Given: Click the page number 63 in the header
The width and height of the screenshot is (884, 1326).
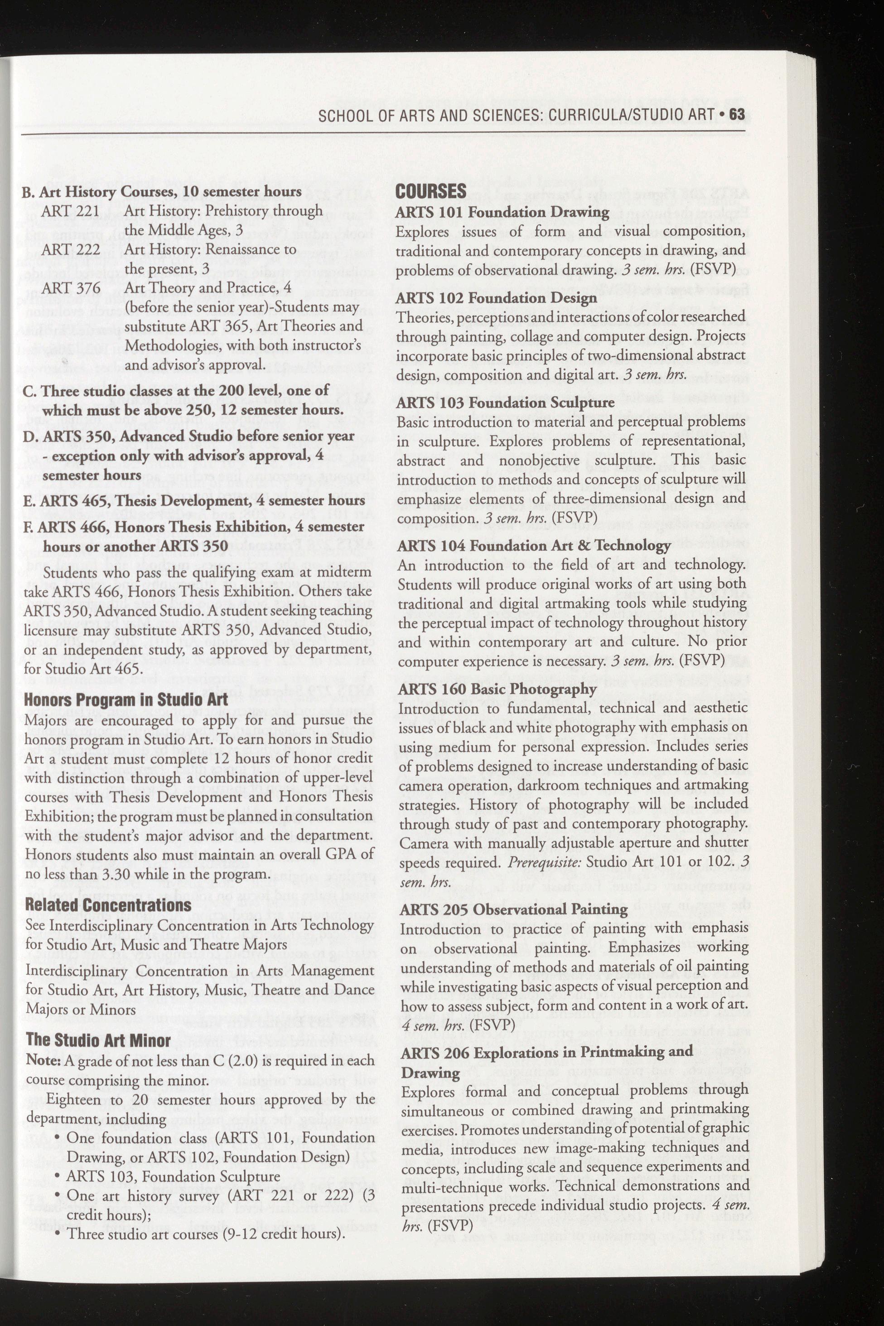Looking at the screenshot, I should click(x=736, y=115).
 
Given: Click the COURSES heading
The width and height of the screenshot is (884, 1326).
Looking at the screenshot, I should click(x=431, y=191).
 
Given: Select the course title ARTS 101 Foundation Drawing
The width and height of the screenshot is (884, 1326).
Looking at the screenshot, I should click(x=502, y=212).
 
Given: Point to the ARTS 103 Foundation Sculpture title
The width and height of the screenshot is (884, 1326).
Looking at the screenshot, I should click(x=505, y=402).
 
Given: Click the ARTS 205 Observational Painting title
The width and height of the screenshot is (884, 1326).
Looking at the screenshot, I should click(x=513, y=908).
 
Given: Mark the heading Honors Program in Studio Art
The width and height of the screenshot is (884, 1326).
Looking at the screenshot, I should click(x=126, y=700).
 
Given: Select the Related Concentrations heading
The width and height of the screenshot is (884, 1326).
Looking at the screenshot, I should click(x=108, y=905).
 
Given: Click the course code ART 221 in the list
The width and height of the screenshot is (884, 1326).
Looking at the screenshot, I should click(x=71, y=210).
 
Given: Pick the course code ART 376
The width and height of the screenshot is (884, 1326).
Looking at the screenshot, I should click(x=71, y=288).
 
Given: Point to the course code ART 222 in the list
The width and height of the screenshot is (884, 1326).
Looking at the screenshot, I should click(x=71, y=249).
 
